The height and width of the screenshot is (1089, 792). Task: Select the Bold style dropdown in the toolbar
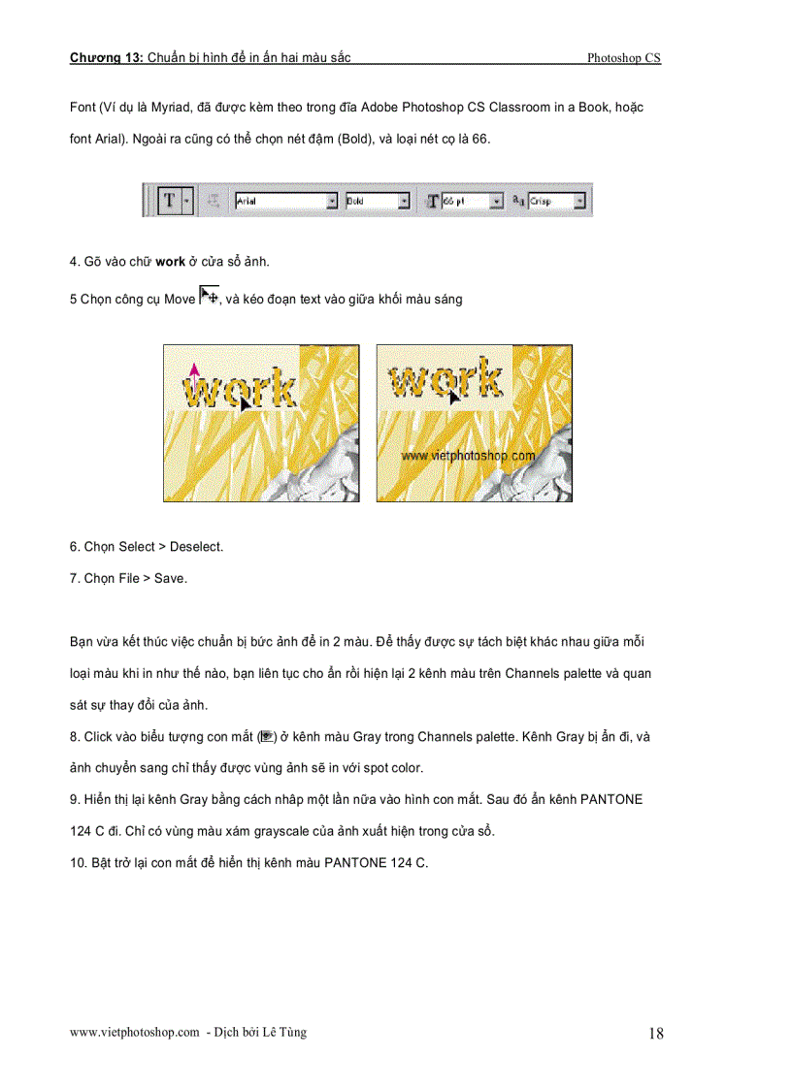point(378,201)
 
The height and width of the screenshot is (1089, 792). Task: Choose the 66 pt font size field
point(472,201)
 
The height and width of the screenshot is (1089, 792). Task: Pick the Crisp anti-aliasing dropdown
point(557,201)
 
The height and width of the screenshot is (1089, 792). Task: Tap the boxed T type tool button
point(170,201)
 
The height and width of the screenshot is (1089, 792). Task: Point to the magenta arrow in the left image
point(193,376)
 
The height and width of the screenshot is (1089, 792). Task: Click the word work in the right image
point(445,382)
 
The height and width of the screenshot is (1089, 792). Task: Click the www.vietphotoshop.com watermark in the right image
point(468,454)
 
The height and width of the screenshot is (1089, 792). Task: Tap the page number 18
point(656,1034)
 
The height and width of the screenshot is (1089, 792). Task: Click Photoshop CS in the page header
point(623,58)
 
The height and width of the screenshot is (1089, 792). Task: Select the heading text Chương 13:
point(106,58)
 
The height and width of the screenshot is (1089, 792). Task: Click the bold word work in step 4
point(170,262)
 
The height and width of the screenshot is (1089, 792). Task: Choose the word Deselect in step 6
point(196,547)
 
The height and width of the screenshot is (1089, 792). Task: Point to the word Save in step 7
point(170,579)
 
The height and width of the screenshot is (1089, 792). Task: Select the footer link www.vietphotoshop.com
point(134,1033)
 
